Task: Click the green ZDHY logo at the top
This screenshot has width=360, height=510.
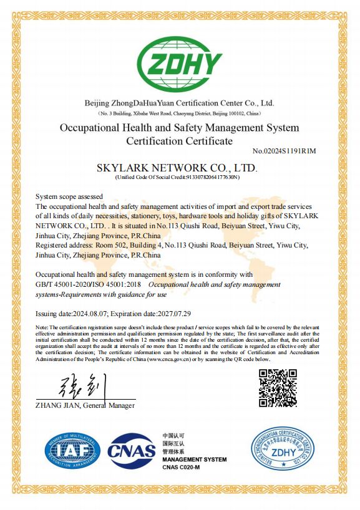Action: (180, 62)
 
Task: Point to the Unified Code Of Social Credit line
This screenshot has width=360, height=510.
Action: (178, 178)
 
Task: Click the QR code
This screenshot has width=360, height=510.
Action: (278, 388)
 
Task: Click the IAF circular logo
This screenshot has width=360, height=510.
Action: (72, 451)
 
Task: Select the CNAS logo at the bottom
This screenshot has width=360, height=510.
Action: (131, 451)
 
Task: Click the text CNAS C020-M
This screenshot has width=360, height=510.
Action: (181, 467)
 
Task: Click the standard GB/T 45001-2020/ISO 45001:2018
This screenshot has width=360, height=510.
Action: (89, 284)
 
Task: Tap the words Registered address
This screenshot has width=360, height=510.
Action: (66, 246)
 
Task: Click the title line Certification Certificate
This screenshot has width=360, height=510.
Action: (179, 141)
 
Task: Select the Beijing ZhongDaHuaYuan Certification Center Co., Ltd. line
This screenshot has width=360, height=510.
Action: (179, 103)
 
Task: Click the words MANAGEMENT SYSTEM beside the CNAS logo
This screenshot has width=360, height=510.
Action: (194, 459)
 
